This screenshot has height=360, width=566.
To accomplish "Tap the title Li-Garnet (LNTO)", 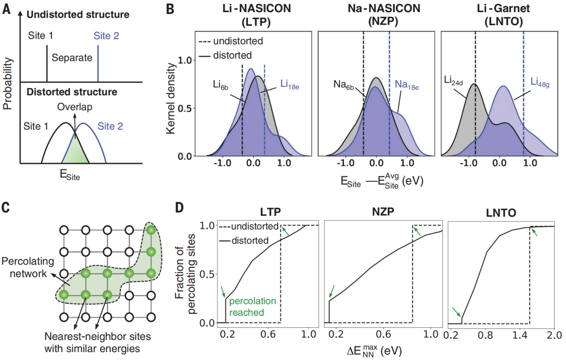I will [500, 16].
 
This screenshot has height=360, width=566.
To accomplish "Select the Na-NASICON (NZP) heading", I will [376, 16].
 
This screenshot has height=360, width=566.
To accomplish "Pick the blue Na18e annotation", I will [407, 84].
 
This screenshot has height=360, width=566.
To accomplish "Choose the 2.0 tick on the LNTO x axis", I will [553, 335].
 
